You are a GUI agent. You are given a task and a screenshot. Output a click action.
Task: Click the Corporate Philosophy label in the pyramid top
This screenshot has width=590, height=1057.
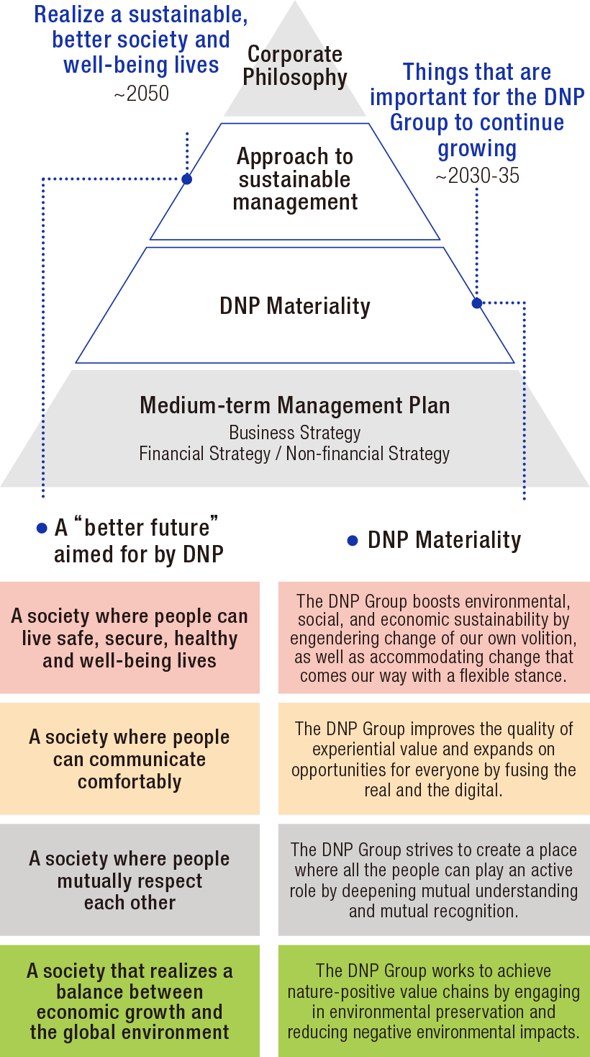295,66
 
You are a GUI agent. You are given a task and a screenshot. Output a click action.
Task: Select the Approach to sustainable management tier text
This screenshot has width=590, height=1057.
295,179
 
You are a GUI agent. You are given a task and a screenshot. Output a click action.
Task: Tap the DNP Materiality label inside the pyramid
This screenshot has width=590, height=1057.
295,306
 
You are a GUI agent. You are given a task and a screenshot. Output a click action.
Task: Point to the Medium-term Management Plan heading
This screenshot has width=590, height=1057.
295,405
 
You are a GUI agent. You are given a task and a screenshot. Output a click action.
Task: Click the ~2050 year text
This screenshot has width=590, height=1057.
141,94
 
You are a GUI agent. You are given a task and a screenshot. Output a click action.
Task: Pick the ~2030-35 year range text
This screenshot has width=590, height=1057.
477,176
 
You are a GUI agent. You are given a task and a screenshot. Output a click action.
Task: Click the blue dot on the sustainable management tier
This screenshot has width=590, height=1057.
187,179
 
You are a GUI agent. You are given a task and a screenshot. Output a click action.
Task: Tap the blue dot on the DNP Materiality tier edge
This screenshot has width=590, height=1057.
476,303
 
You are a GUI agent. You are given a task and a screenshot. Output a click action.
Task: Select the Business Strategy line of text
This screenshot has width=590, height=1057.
295,433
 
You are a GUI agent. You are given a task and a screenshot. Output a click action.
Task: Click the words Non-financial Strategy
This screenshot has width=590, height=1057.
368,454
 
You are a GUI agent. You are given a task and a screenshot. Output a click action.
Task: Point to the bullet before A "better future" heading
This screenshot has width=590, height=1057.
42,528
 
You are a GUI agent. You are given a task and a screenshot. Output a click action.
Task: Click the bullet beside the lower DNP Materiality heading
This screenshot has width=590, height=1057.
353,541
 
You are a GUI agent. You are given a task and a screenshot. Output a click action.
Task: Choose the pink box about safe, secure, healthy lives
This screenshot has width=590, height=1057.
130,638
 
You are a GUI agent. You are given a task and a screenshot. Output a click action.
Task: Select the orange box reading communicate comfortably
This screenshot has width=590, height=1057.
130,759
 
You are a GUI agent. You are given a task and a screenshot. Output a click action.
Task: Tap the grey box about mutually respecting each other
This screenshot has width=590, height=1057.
130,880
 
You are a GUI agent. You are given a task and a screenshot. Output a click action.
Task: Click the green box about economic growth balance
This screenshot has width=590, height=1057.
130,1001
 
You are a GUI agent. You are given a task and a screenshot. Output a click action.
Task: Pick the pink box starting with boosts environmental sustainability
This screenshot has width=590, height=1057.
434,638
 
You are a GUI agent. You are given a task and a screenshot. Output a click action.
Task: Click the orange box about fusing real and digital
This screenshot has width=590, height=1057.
434,759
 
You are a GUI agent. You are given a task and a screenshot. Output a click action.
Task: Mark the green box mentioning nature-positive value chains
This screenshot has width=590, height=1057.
434,1001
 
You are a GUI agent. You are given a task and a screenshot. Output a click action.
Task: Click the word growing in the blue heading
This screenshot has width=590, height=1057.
477,149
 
